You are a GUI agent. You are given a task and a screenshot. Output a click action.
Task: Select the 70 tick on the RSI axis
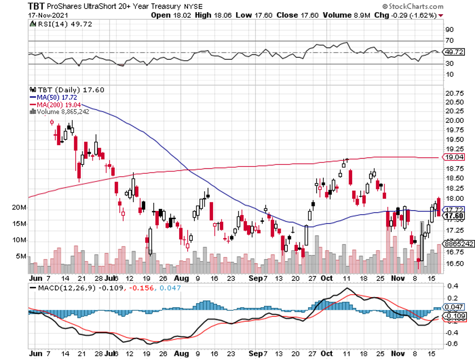[449, 41]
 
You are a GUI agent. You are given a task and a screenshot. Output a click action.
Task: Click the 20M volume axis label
[20, 208]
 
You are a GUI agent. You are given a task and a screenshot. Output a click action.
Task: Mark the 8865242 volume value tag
[458, 244]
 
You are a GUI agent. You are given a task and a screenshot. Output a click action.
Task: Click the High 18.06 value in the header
[213, 15]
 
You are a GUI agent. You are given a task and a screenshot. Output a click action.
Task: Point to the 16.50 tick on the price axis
[453, 264]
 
